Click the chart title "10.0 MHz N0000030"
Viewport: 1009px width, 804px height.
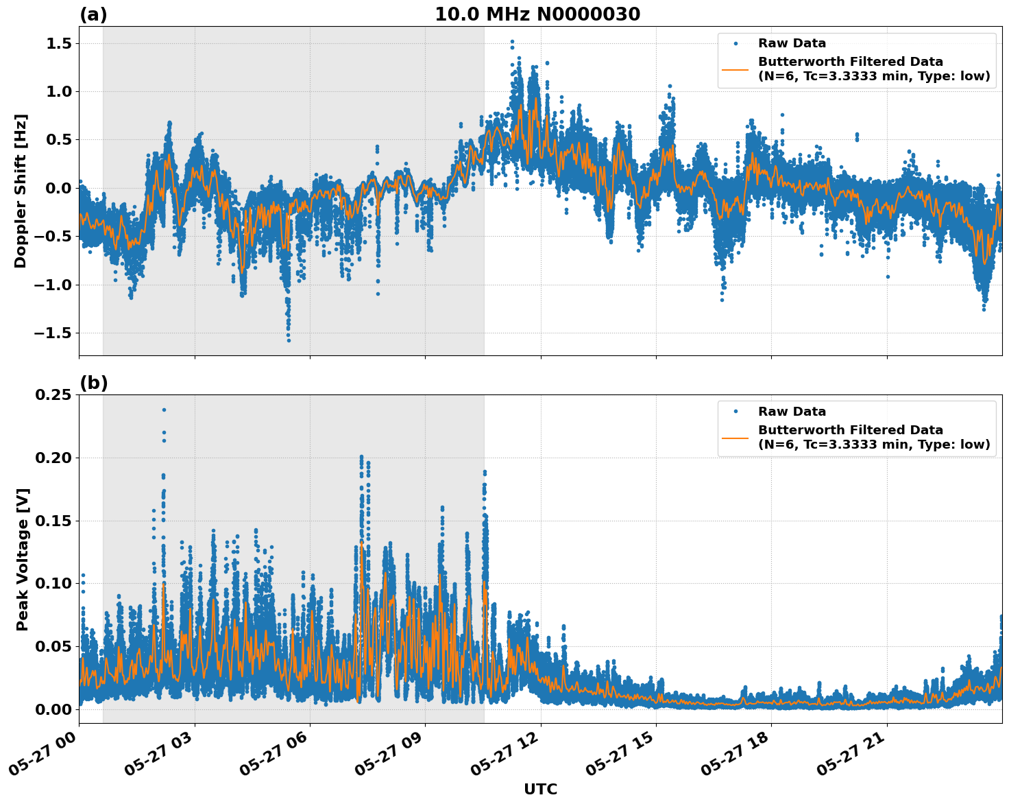[537, 14]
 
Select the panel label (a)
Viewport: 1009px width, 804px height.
[93, 14]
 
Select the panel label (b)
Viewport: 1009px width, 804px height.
[93, 383]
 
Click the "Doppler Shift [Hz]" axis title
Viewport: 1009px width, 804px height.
[21, 191]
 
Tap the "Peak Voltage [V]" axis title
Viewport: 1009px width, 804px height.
[23, 559]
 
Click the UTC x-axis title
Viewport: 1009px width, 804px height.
[540, 789]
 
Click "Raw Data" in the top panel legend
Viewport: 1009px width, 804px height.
[792, 43]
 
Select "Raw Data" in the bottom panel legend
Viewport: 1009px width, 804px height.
[792, 412]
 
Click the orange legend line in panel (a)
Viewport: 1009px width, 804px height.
[735, 69]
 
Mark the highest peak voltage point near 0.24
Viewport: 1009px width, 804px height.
[164, 410]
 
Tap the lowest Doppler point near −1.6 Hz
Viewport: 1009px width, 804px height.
[289, 340]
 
